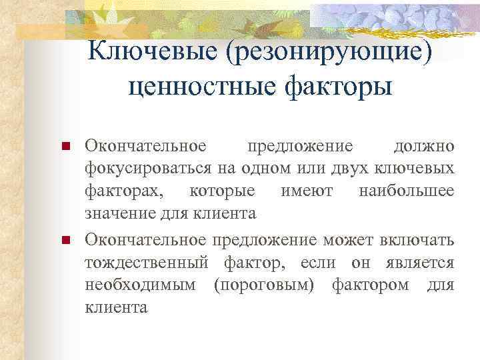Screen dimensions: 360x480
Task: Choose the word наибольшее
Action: pyautogui.click(x=406, y=192)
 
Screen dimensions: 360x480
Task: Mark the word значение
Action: pyautogui.click(x=117, y=215)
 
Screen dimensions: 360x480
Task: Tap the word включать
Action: pyautogui.click(x=417, y=238)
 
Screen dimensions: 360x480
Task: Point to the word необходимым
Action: pyautogui.click(x=140, y=284)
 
